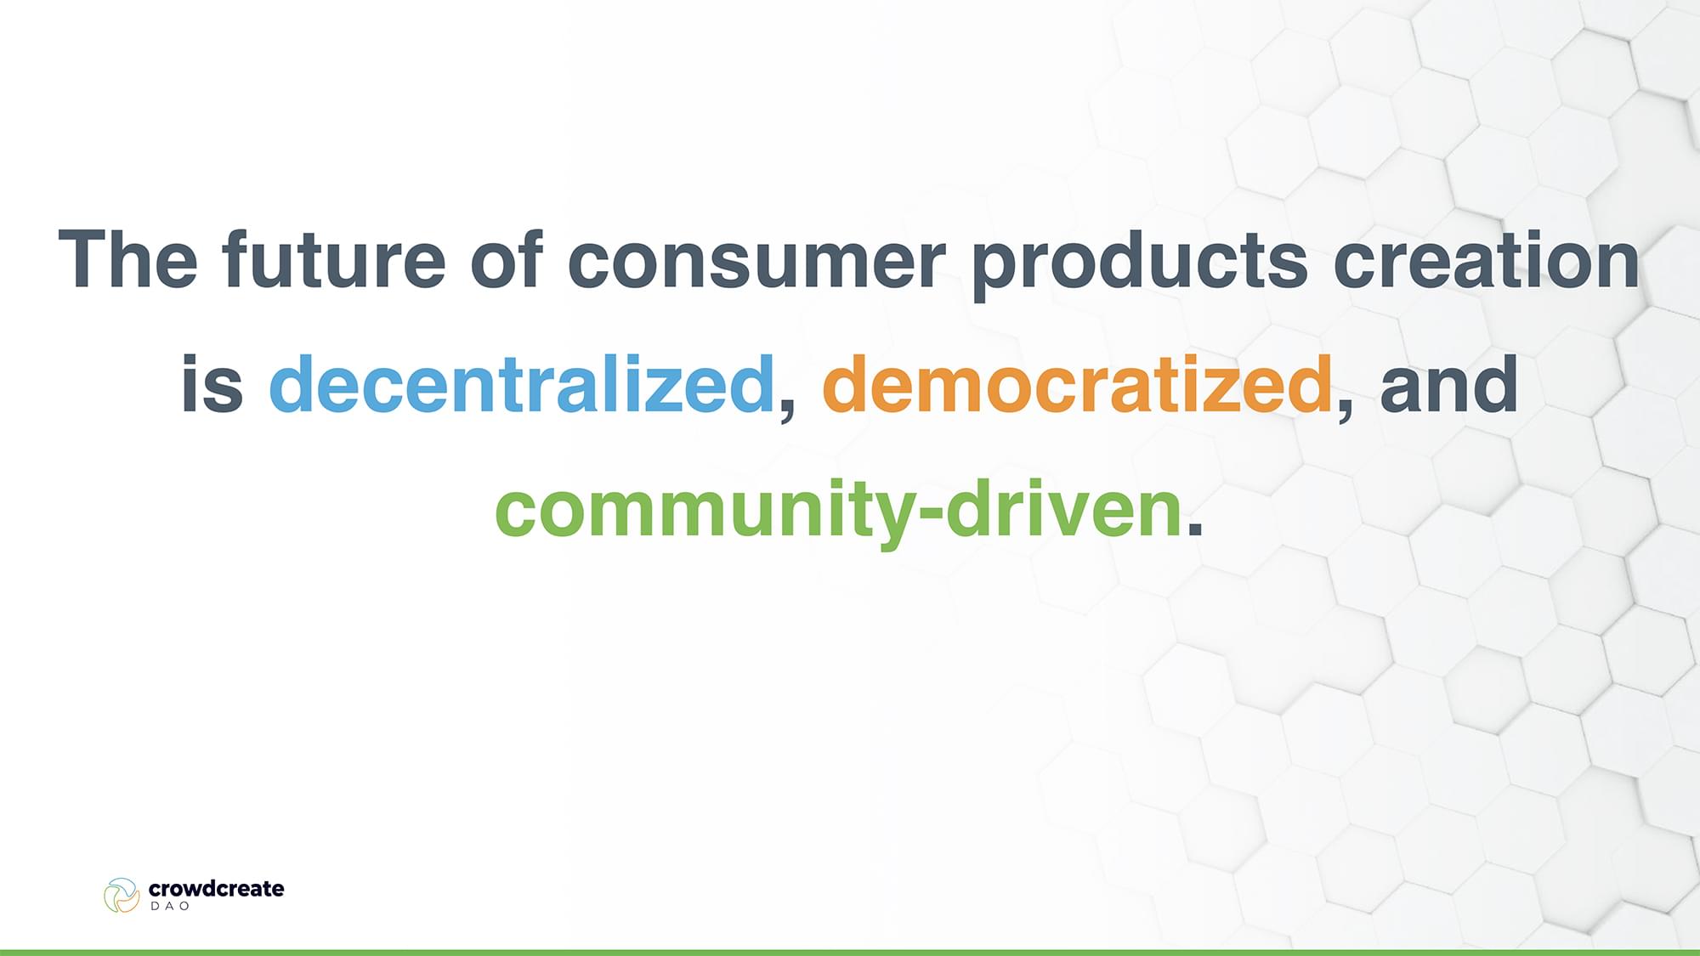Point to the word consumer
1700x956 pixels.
756,267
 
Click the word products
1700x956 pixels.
1140,264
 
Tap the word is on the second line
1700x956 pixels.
212,384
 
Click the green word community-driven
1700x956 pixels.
838,512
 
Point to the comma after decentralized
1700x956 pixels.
788,410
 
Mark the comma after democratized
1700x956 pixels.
1346,410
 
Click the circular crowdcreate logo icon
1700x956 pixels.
122,895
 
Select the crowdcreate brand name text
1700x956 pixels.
217,889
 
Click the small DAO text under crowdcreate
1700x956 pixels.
170,907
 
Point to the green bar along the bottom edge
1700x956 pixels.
850,953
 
